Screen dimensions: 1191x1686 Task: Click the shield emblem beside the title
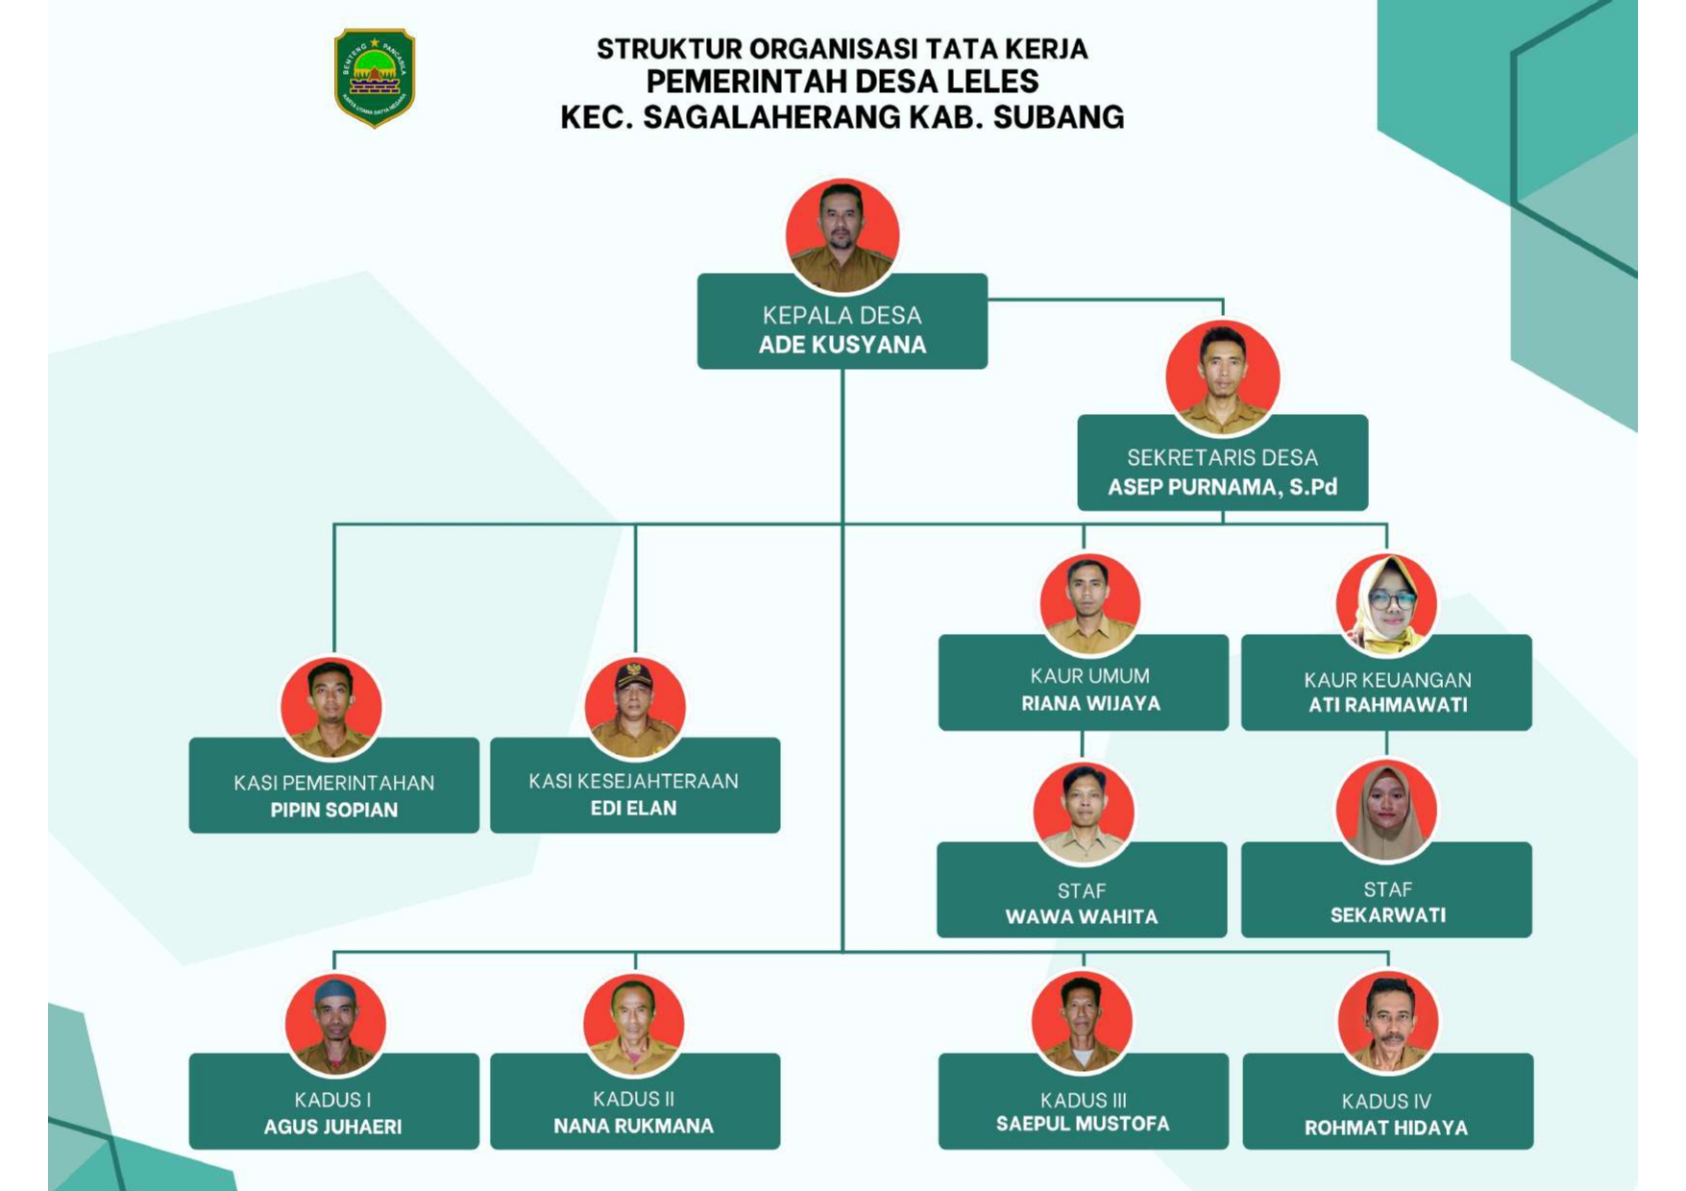[x=375, y=77]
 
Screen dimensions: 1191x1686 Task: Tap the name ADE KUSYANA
[x=843, y=345]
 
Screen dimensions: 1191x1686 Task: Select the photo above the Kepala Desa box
[x=843, y=234]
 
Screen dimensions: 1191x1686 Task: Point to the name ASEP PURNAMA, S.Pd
[x=1222, y=487]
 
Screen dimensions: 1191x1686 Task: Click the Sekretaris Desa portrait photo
[x=1222, y=377]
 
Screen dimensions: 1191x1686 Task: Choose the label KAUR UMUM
[x=1089, y=676]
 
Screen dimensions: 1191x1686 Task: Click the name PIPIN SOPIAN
[x=333, y=810]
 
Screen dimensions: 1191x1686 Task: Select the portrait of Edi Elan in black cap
[x=634, y=708]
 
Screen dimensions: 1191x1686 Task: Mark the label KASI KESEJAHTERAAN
[x=633, y=781]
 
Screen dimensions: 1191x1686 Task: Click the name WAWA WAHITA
[x=1082, y=916]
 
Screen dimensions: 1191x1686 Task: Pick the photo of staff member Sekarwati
[x=1386, y=811]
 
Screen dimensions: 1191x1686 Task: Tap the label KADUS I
[x=332, y=1100]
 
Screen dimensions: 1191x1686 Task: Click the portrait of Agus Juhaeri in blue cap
[x=335, y=1024]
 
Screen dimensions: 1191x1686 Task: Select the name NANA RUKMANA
[x=633, y=1126]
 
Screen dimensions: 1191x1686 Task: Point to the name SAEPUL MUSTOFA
[x=1083, y=1124]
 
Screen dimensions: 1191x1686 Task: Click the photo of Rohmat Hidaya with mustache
[x=1387, y=1022]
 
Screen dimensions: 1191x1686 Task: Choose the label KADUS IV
[x=1386, y=1102]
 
